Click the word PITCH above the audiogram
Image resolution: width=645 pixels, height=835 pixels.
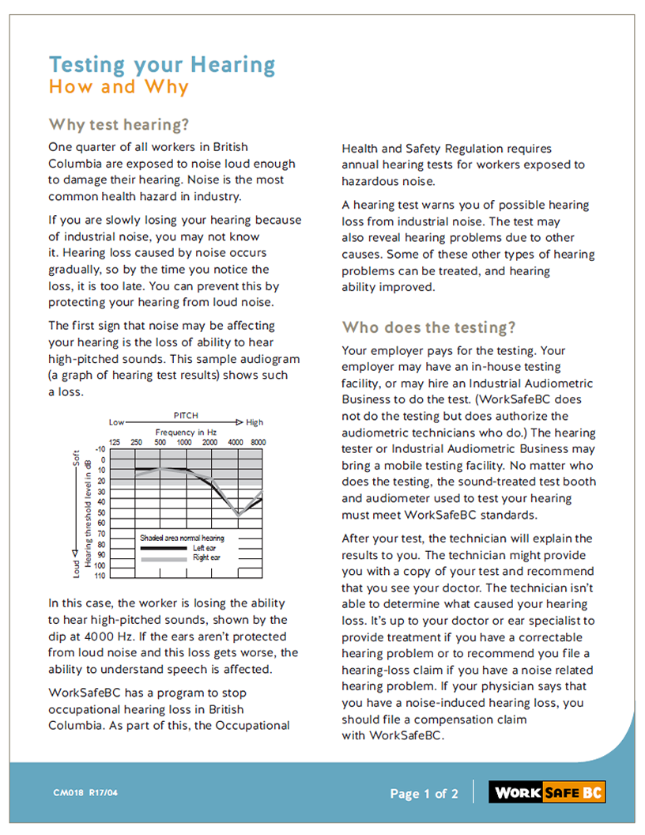coord(186,415)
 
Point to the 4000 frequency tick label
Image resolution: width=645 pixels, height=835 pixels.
coord(236,443)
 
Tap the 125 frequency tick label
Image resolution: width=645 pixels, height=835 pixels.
coord(115,443)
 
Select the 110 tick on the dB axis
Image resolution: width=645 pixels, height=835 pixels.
coord(100,576)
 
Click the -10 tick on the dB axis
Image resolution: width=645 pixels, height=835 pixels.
coord(100,449)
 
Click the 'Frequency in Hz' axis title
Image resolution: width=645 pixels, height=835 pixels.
coord(186,433)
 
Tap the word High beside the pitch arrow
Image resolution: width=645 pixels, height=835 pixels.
coord(255,422)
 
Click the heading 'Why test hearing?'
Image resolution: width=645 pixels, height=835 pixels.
coord(119,125)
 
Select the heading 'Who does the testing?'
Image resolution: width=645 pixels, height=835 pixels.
coord(428,327)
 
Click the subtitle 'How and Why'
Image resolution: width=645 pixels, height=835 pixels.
coord(119,87)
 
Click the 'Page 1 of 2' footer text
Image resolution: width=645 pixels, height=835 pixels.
coord(424,793)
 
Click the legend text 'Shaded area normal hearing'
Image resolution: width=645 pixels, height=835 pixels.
coord(182,538)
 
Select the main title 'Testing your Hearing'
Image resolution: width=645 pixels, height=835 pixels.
coord(162,64)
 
